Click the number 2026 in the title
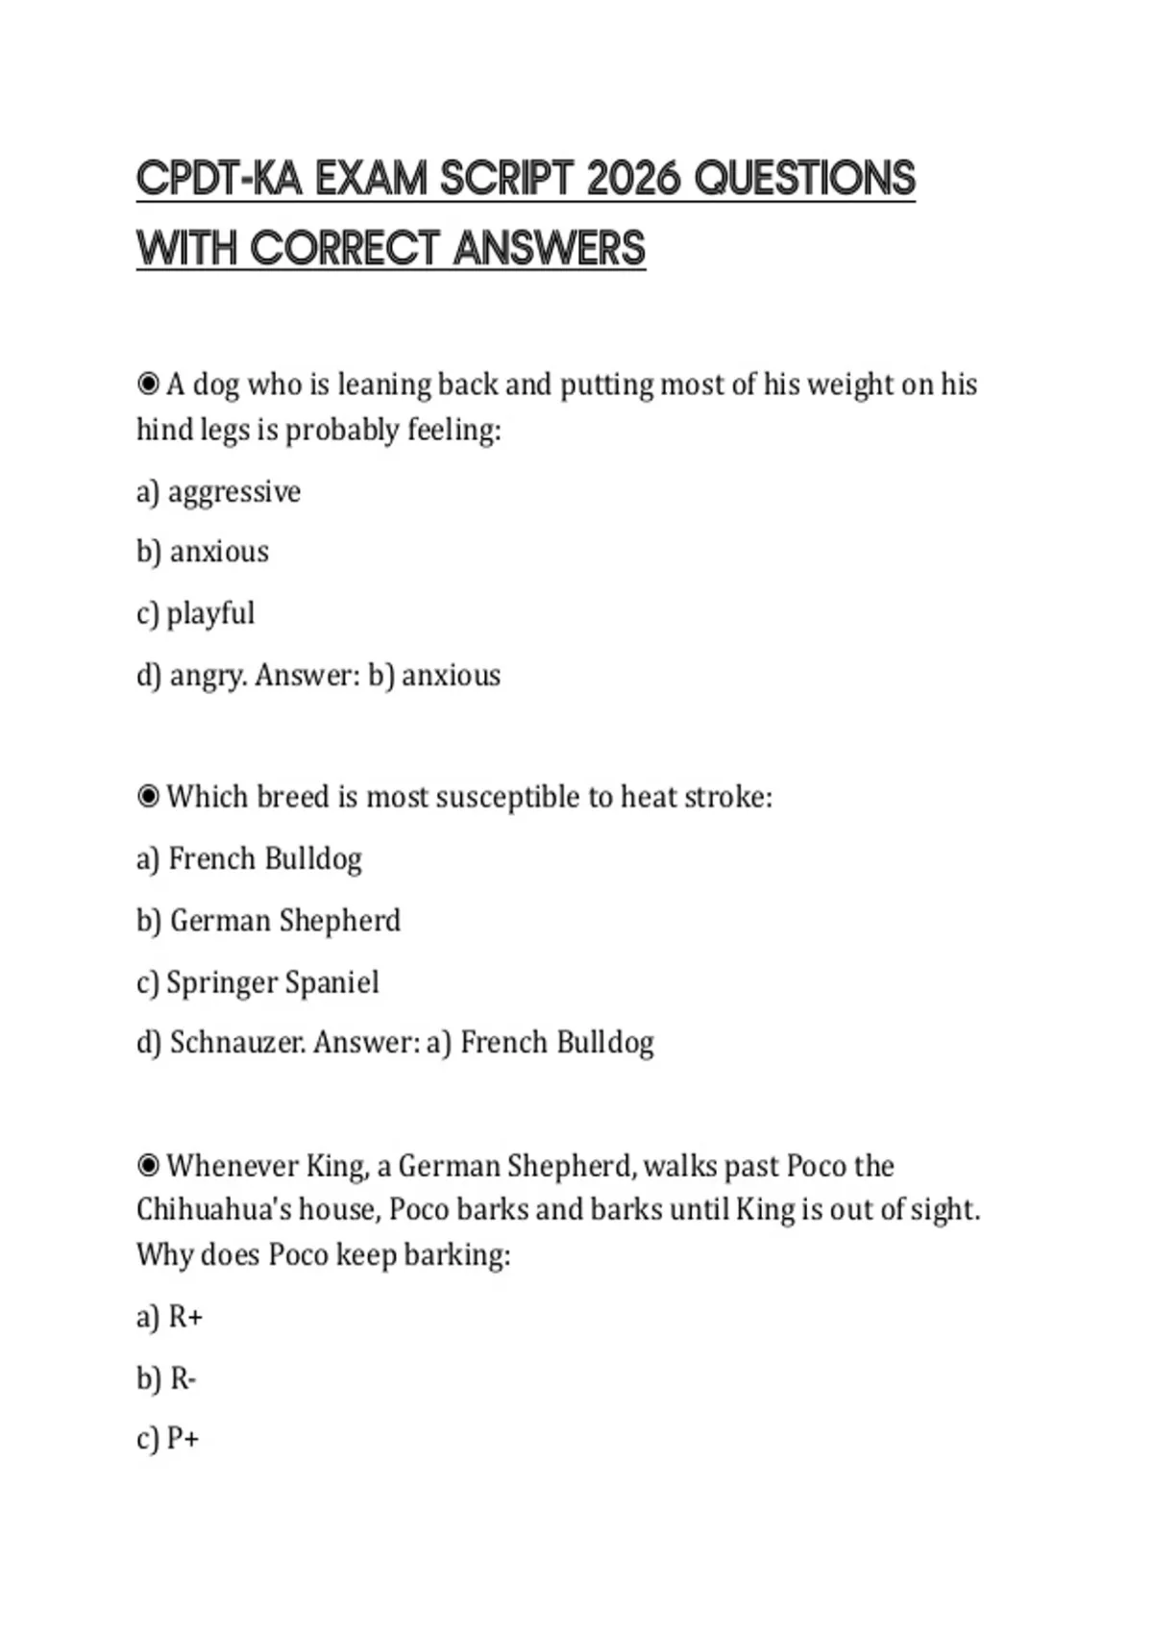coord(633,179)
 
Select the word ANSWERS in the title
coord(549,248)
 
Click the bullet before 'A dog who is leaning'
coord(148,384)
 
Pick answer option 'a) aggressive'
coord(218,492)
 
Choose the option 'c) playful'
coord(196,613)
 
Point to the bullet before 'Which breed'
coord(148,797)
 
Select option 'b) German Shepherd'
coord(268,921)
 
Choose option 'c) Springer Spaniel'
coord(258,982)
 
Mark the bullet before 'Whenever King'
coord(148,1166)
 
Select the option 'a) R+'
coord(169,1317)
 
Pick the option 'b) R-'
coord(166,1379)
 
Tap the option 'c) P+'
coord(168,1439)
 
